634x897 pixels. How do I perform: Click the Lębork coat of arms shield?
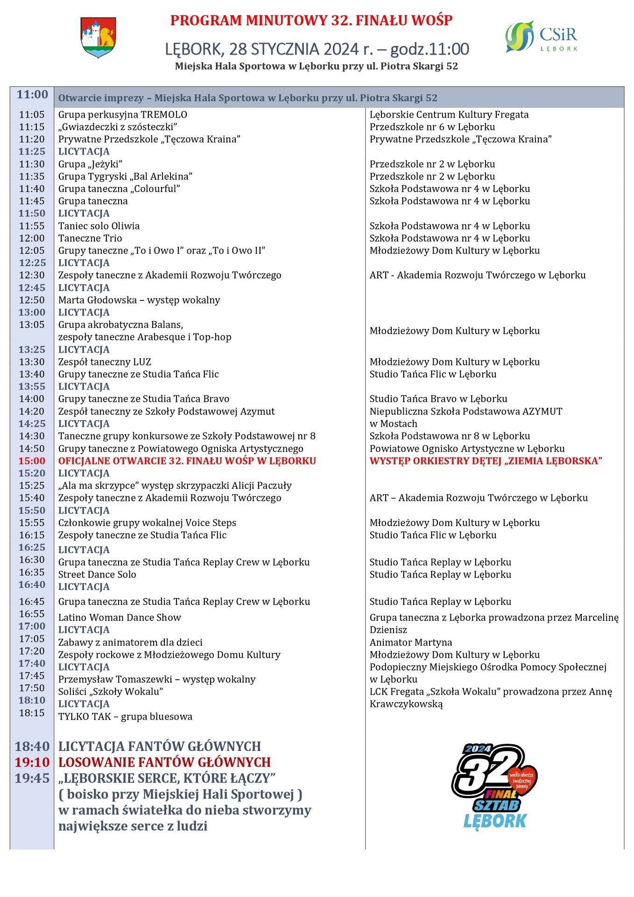point(98,37)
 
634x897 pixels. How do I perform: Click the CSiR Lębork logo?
point(542,36)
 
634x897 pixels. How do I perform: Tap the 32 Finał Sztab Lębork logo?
point(494,787)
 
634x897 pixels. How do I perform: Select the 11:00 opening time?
point(32,95)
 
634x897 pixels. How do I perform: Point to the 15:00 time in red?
point(32,461)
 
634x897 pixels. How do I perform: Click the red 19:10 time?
point(32,762)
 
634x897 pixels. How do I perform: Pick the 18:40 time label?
point(32,747)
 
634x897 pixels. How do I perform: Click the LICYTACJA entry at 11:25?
point(84,152)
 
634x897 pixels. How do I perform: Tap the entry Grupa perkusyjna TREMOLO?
point(123,115)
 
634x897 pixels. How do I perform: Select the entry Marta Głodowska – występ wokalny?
point(139,300)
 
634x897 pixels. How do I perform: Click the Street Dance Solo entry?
point(97,575)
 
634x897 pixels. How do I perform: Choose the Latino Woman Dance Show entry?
point(120,618)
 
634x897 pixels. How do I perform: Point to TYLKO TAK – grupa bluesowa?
point(125,717)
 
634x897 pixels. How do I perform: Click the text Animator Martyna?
point(411,643)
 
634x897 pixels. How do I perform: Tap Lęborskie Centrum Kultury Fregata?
point(449,115)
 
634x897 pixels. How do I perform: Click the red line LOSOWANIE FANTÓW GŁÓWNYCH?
point(164,762)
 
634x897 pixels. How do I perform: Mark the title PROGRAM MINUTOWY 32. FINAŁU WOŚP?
point(311,21)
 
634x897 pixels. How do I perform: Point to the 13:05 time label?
point(32,325)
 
